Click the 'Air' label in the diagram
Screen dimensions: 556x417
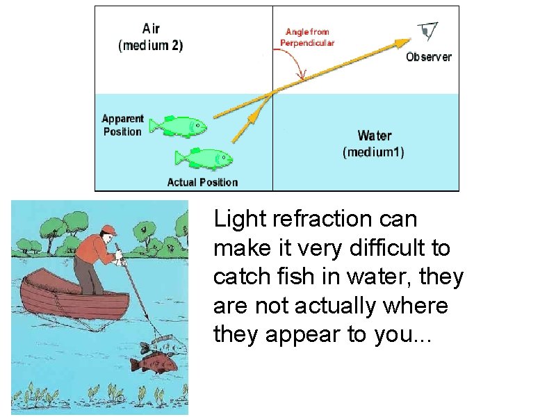pyautogui.click(x=151, y=28)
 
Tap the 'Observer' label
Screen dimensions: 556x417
pyautogui.click(x=428, y=57)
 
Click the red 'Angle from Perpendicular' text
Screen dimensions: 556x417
pyautogui.click(x=307, y=37)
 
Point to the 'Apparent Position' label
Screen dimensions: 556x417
pyautogui.click(x=122, y=125)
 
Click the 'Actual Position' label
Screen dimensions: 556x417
pyautogui.click(x=202, y=182)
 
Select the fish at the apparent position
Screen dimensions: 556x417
pyautogui.click(x=179, y=126)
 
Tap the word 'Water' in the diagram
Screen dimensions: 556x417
pyautogui.click(x=374, y=136)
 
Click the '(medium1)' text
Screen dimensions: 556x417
pyautogui.click(x=374, y=152)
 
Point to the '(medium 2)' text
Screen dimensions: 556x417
pyautogui.click(x=151, y=46)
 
